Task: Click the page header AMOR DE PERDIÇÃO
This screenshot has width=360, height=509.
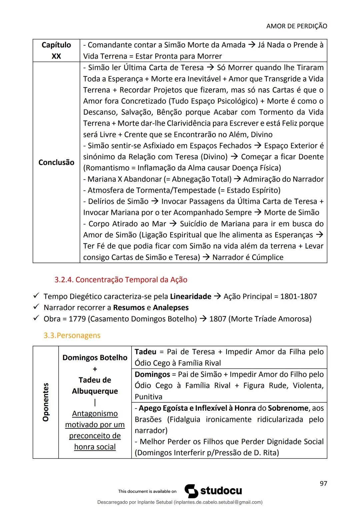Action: pyautogui.click(x=297, y=26)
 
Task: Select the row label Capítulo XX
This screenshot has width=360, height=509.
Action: pyautogui.click(x=56, y=50)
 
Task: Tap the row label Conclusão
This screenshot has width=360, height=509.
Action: pyautogui.click(x=56, y=162)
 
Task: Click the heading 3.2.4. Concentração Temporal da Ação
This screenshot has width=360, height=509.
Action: pyautogui.click(x=121, y=279)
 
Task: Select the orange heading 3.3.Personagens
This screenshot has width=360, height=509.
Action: pyautogui.click(x=72, y=335)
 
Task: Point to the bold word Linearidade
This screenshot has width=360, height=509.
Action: pyautogui.click(x=190, y=296)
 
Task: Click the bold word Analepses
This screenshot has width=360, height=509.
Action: pyautogui.click(x=171, y=307)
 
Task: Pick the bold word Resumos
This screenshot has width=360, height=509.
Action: pyautogui.click(x=129, y=307)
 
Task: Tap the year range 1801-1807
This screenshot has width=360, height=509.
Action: pyautogui.click(x=298, y=296)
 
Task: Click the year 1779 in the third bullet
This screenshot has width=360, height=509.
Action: pyautogui.click(x=77, y=319)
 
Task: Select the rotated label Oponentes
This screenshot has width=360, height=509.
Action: pyautogui.click(x=46, y=402)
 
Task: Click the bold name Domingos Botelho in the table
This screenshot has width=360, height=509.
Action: pyautogui.click(x=95, y=357)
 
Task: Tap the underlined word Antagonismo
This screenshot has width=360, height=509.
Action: pyautogui.click(x=95, y=413)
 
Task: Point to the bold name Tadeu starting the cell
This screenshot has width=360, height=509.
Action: pyautogui.click(x=145, y=352)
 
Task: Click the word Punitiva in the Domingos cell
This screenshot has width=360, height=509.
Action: pyautogui.click(x=148, y=397)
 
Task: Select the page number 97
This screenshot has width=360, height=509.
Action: pyautogui.click(x=323, y=483)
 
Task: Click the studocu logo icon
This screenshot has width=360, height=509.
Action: pyautogui.click(x=191, y=491)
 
